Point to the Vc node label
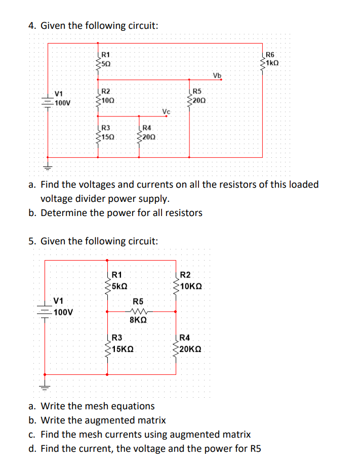[x=167, y=111]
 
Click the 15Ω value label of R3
[x=107, y=137]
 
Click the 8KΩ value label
[x=138, y=320]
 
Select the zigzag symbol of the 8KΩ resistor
[x=138, y=311]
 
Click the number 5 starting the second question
[x=31, y=241]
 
